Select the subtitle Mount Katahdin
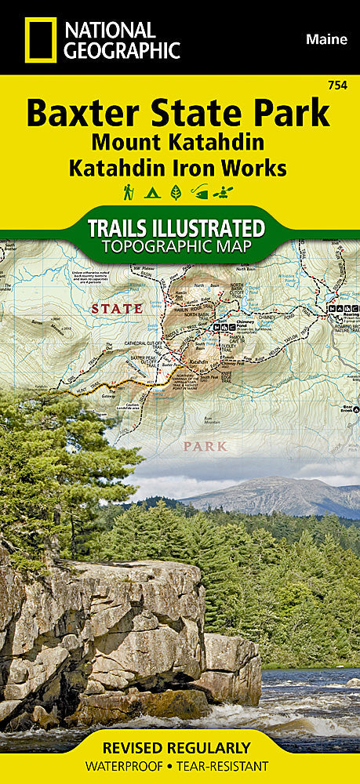[176, 143]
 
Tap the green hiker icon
[129, 191]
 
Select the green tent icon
[152, 191]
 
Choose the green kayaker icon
[226, 191]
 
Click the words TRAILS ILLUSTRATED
[175, 228]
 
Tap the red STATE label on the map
[116, 308]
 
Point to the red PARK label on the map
[205, 446]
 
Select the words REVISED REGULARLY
[180, 747]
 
